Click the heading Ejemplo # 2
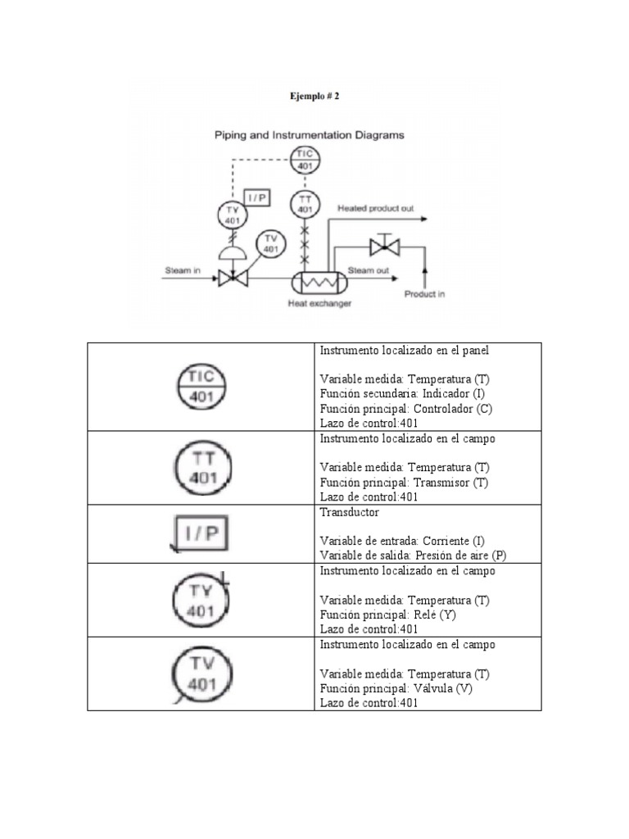click(314, 96)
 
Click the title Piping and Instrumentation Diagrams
click(309, 136)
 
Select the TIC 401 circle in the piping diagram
click(305, 158)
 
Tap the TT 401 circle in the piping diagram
click(305, 204)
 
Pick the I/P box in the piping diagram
click(259, 199)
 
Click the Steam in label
click(183, 270)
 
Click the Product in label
click(424, 294)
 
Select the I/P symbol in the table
click(201, 534)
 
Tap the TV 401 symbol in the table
click(201, 674)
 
